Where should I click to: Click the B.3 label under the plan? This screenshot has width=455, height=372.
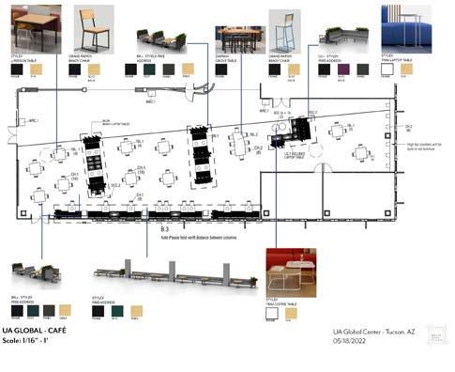coord(165,229)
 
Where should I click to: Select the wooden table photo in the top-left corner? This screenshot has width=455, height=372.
coord(29,25)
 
